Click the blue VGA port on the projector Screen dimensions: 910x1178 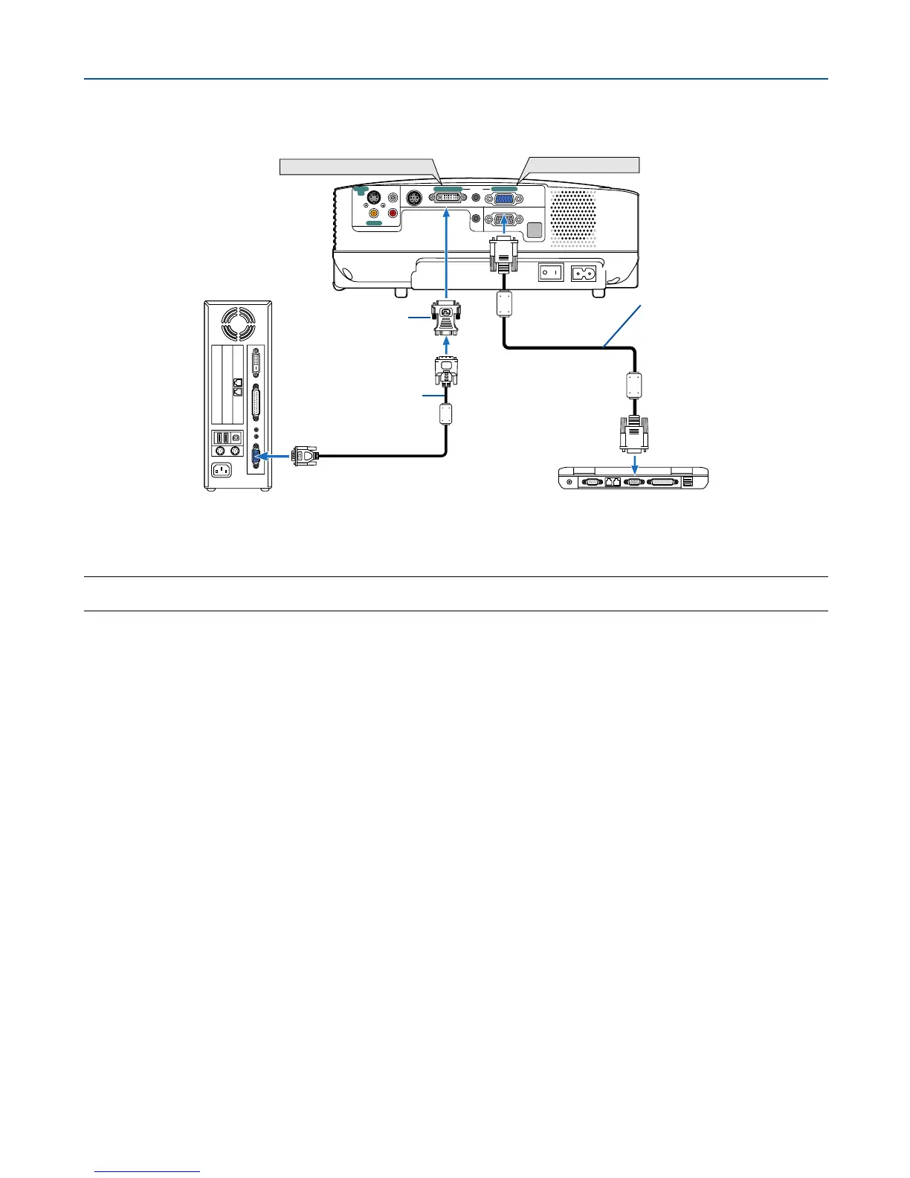pos(503,199)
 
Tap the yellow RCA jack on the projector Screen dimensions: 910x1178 pos(375,213)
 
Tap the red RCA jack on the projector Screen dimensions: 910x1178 pos(393,213)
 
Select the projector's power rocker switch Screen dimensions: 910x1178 pos(549,273)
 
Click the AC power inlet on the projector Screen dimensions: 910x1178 pos(583,273)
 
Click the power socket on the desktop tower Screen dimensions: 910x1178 pos(221,469)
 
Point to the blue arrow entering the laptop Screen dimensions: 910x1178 pos(634,465)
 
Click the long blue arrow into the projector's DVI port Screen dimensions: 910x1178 pos(446,253)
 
